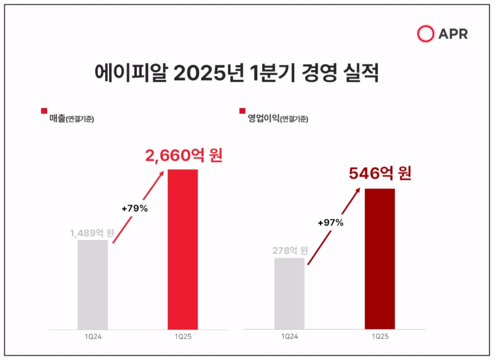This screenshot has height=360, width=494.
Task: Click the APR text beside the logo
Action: pos(453,34)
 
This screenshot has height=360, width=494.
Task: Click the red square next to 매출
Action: pos(44,111)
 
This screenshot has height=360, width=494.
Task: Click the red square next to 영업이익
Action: pos(242,111)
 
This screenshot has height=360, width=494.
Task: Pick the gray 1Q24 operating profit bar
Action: pos(289,293)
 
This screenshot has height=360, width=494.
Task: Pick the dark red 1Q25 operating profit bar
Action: pos(379,258)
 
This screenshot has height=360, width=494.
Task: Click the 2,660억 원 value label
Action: pos(184,156)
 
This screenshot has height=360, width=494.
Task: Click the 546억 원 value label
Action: pos(380,174)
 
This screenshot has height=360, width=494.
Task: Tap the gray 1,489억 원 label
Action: pos(91,233)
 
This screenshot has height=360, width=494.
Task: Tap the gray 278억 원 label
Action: pos(289,251)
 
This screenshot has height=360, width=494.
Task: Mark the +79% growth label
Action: pos(134,208)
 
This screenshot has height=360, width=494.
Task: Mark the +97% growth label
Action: pos(331,223)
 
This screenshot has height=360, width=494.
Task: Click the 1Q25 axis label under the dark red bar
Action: pos(379,337)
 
